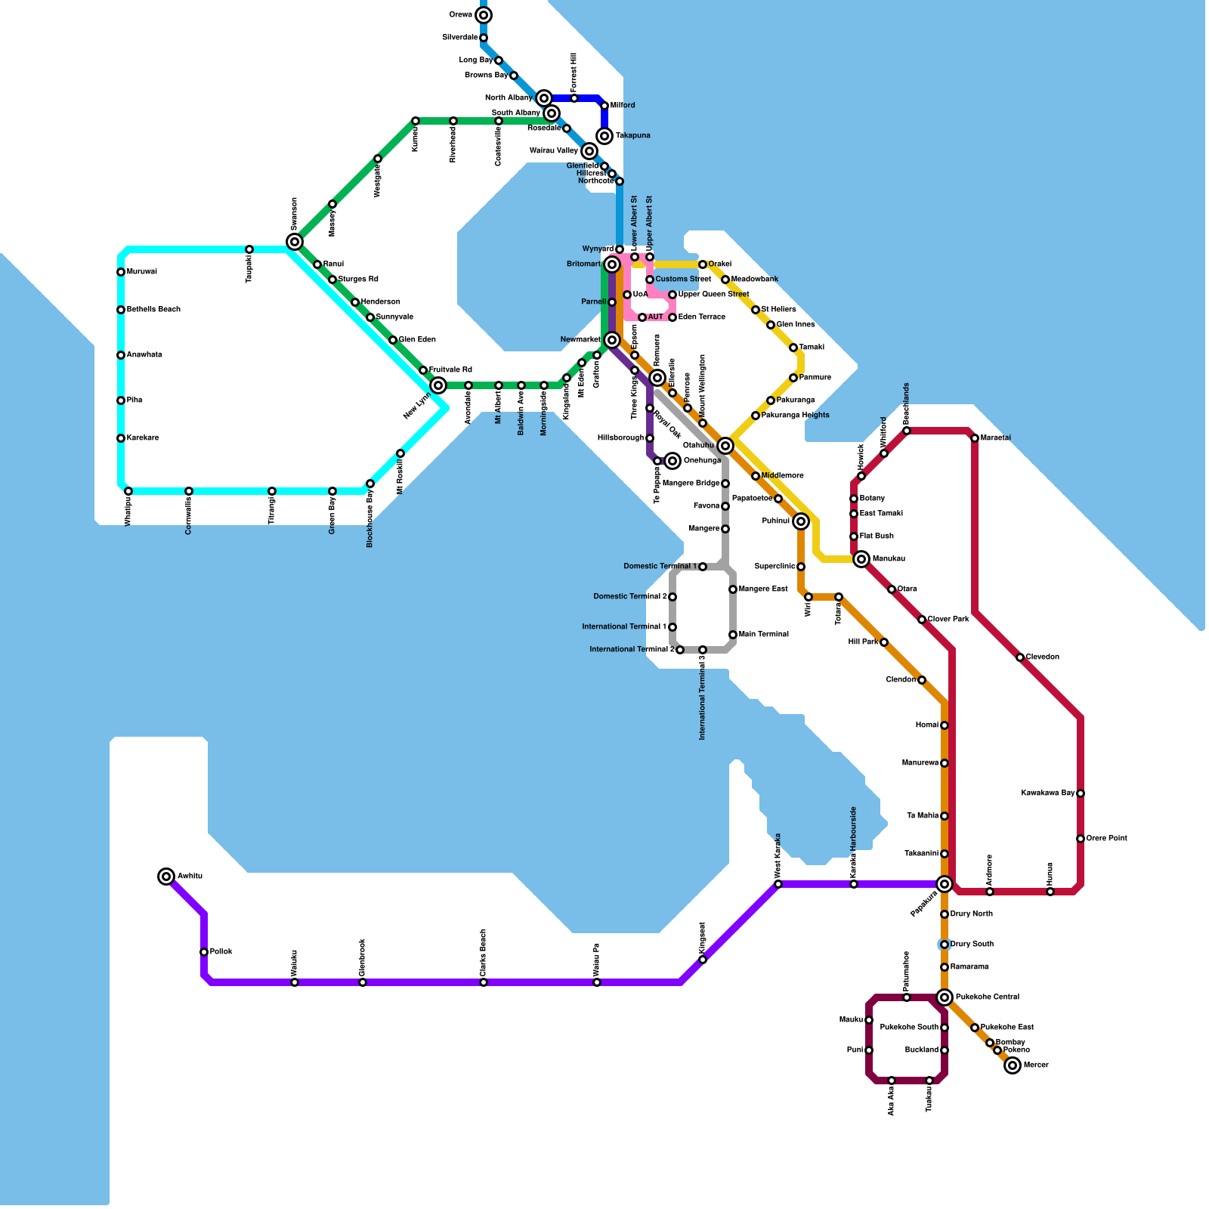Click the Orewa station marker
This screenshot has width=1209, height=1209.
(484, 15)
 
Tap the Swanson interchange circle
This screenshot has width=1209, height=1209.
(295, 242)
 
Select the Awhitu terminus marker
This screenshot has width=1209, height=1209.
(166, 877)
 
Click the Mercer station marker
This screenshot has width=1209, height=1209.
(1013, 1065)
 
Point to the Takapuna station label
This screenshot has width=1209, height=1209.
(632, 136)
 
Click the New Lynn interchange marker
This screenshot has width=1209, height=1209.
(438, 385)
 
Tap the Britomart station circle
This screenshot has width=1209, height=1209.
(612, 264)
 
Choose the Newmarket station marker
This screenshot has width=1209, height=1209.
(612, 340)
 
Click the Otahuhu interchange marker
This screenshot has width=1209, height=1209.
(725, 446)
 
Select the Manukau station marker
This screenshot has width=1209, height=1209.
(861, 559)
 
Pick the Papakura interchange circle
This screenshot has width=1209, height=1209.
(945, 884)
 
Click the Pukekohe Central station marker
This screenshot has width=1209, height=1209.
(945, 997)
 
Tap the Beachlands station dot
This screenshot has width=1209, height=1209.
(907, 431)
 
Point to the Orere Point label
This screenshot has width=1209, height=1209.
(1106, 839)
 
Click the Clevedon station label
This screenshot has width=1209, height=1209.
(1042, 657)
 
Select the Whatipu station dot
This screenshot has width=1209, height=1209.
(128, 491)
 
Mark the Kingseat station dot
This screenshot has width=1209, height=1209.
(703, 960)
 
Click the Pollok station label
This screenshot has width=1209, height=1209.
(221, 952)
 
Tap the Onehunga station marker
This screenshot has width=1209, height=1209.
(673, 461)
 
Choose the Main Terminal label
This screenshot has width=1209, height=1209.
(763, 635)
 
